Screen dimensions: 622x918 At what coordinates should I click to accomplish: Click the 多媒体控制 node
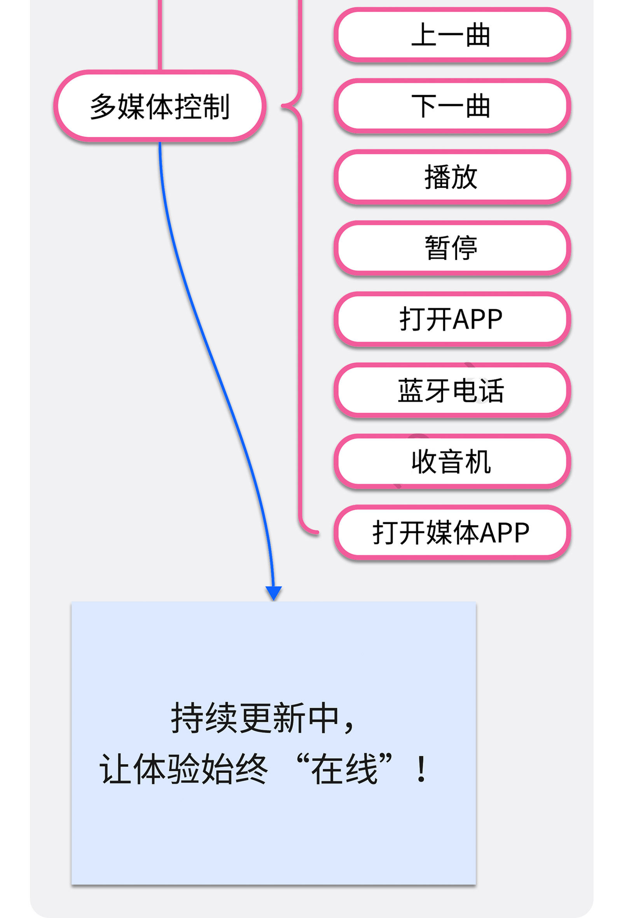(160, 106)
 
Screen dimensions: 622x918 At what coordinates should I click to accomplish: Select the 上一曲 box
(452, 35)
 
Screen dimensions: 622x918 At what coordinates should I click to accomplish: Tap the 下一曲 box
(452, 106)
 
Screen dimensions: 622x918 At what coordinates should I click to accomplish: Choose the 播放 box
(452, 177)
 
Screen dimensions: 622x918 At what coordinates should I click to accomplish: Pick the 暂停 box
(452, 248)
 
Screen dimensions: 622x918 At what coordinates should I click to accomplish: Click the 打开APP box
(452, 319)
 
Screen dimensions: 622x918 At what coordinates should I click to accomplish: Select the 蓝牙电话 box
(452, 390)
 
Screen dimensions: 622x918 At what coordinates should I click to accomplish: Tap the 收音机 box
(452, 461)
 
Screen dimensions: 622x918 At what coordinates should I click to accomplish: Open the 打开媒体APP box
(452, 532)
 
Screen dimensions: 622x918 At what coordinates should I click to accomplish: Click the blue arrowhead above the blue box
(273, 593)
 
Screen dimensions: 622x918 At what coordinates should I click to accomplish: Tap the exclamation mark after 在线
(421, 768)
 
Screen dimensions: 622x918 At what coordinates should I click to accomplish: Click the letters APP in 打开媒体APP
(505, 533)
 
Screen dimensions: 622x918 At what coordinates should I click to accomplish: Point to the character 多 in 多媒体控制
(103, 106)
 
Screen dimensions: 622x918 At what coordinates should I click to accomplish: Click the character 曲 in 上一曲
(478, 35)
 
